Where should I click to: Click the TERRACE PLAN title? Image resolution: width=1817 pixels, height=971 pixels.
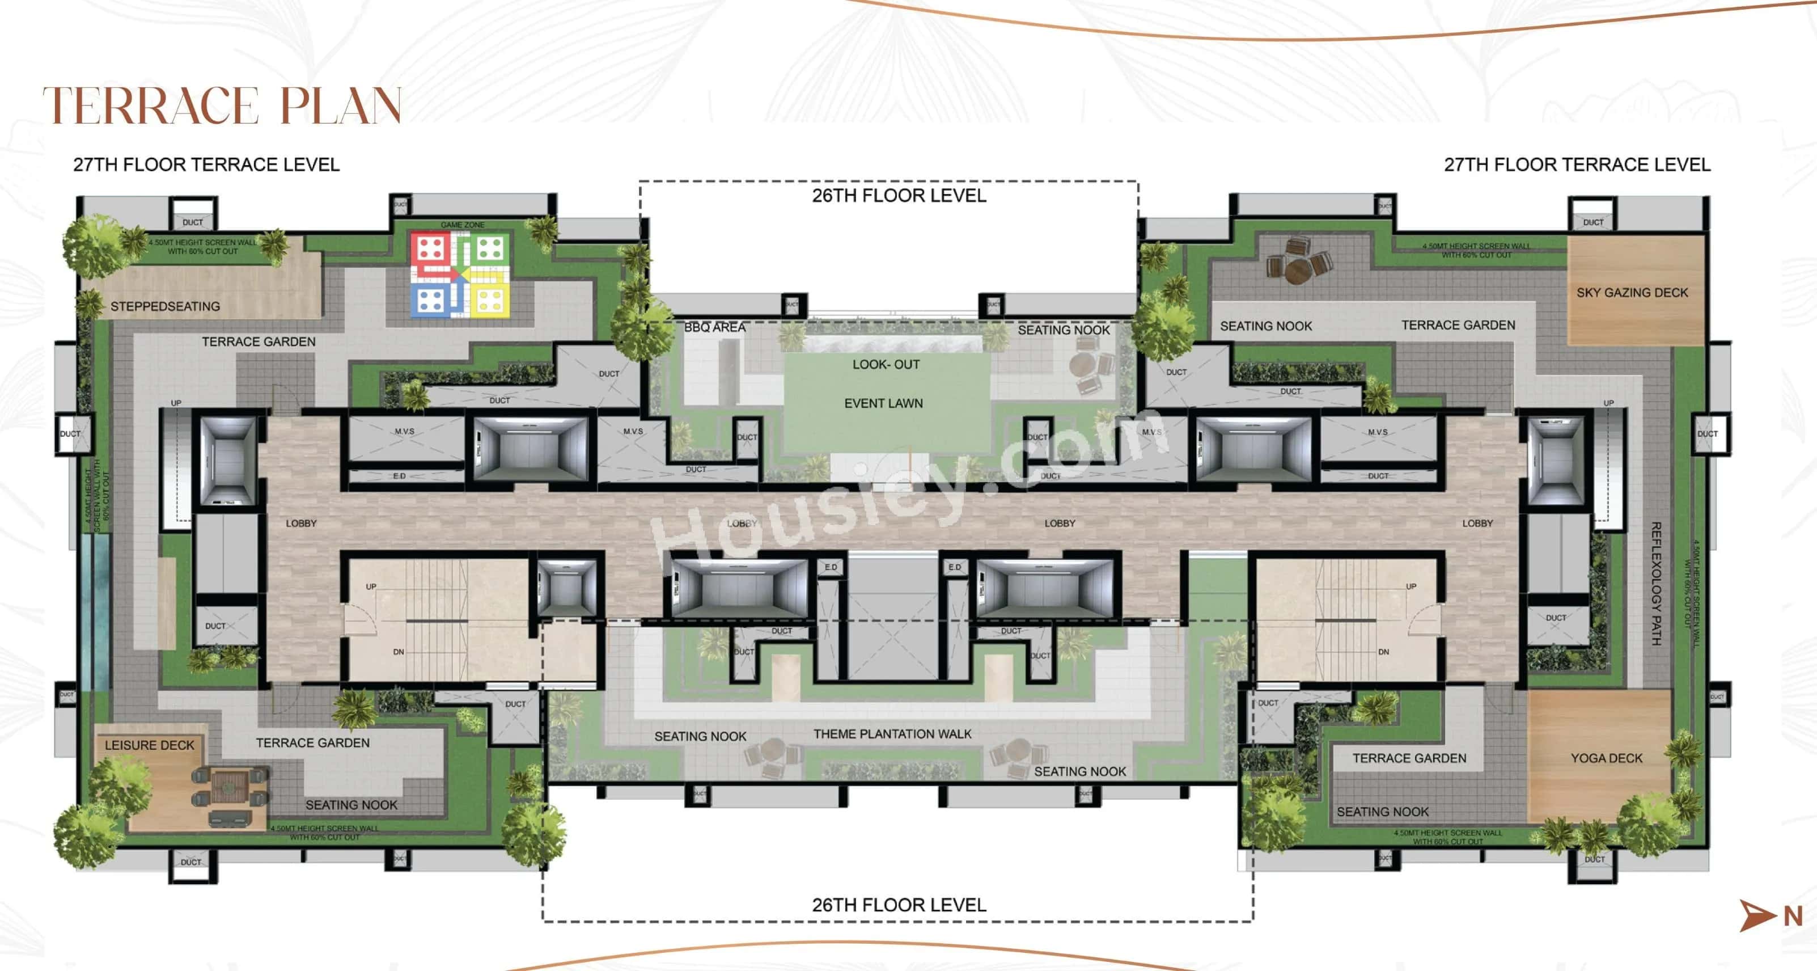pyautogui.click(x=222, y=106)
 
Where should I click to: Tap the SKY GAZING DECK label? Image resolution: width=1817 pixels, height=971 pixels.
pyautogui.click(x=1632, y=292)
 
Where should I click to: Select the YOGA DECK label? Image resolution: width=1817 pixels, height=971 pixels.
pyautogui.click(x=1606, y=758)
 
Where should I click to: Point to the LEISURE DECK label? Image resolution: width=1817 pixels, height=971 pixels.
pyautogui.click(x=149, y=745)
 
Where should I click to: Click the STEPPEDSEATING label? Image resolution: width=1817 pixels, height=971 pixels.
pyautogui.click(x=165, y=306)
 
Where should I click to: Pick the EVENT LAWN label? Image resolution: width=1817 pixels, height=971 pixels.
pyautogui.click(x=883, y=403)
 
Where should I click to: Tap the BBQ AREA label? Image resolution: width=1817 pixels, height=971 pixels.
pyautogui.click(x=714, y=327)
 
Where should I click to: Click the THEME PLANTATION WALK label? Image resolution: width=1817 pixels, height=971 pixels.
pyautogui.click(x=892, y=734)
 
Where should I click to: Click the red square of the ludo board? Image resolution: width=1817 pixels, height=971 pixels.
pyautogui.click(x=430, y=249)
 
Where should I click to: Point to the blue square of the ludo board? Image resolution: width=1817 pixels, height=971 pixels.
pyautogui.click(x=430, y=299)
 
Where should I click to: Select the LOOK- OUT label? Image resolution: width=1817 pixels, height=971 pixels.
pyautogui.click(x=886, y=364)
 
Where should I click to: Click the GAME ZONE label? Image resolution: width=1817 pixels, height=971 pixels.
pyautogui.click(x=462, y=225)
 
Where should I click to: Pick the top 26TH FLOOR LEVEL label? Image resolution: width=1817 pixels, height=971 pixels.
pyautogui.click(x=899, y=196)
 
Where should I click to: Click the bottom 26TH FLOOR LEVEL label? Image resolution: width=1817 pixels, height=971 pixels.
pyautogui.click(x=899, y=905)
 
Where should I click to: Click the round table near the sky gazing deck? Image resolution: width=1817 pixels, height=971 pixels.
pyautogui.click(x=1297, y=269)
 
